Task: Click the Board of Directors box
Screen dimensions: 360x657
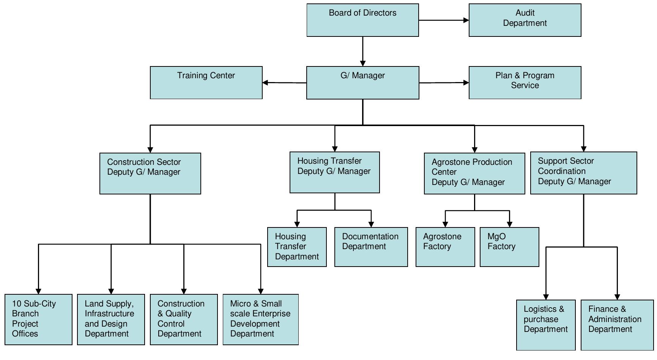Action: [x=362, y=20]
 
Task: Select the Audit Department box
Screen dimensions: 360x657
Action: [x=525, y=20]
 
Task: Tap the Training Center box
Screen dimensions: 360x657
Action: [x=206, y=82]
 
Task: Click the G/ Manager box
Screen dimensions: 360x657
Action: [x=362, y=82]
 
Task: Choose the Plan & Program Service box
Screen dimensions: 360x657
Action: [x=525, y=82]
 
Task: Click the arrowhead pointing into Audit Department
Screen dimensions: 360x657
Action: [x=466, y=20]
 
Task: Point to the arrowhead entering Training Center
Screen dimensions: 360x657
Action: [x=265, y=82]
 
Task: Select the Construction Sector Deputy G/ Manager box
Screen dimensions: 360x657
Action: [x=150, y=174]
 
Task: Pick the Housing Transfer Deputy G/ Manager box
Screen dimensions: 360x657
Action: [x=334, y=172]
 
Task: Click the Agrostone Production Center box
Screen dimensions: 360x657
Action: [x=474, y=174]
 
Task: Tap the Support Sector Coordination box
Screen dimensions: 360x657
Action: [x=583, y=173]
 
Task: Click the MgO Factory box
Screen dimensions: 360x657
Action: [x=509, y=247]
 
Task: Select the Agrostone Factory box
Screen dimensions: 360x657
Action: [x=445, y=247]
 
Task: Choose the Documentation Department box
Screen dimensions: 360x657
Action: [x=371, y=247]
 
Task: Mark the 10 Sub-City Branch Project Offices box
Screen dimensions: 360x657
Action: [x=38, y=319]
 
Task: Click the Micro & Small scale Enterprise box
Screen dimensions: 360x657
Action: [x=260, y=319]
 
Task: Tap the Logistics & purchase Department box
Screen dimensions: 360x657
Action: [x=545, y=325]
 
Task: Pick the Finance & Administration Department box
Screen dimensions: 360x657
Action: [x=617, y=325]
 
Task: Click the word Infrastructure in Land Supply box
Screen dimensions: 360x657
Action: [x=109, y=314]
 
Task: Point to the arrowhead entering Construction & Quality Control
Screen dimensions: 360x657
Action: [x=184, y=291]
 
